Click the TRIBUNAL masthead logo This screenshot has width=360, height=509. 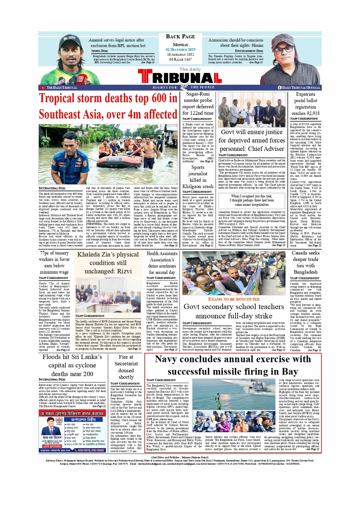coord(180,77)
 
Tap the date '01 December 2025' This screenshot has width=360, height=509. coord(180,50)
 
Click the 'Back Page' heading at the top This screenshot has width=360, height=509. coord(180,37)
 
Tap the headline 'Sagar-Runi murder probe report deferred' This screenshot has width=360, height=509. coord(198,103)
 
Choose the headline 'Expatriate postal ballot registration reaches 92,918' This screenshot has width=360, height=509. coord(306,104)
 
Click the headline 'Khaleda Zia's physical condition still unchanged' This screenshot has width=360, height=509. coord(108,263)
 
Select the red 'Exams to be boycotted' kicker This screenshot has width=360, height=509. coord(234,299)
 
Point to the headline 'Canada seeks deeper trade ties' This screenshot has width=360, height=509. coord(306,263)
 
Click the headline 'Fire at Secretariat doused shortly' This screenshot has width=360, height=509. coord(126,367)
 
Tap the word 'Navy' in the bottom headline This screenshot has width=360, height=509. coord(166,359)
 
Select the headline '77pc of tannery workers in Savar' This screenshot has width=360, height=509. coord(54,263)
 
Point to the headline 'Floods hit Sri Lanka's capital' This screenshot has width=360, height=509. coord(72,365)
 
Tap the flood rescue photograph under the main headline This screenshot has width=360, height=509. coord(108,154)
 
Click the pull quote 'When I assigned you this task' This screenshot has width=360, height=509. coord(252,200)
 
